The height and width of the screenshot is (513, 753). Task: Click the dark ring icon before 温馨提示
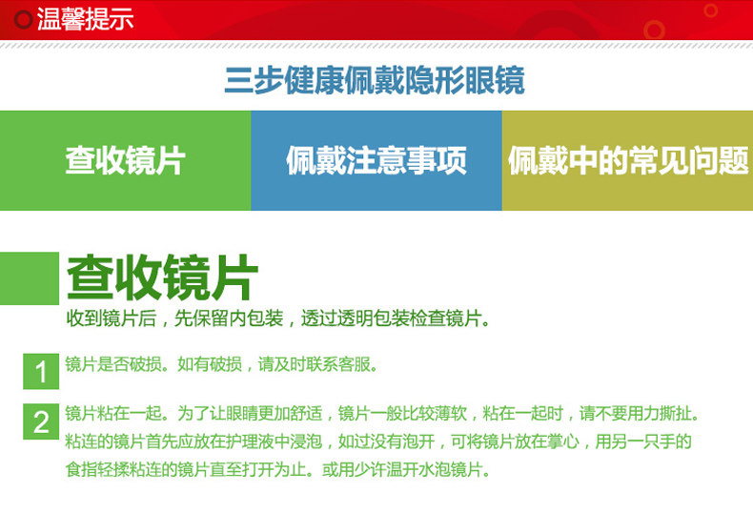coord(23,20)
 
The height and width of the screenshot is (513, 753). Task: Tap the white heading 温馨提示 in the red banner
coord(85,19)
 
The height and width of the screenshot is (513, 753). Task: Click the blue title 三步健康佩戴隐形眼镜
coord(375,80)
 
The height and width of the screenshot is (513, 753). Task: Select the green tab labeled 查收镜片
coord(125,160)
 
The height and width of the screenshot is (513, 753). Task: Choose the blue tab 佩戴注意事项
coord(376,160)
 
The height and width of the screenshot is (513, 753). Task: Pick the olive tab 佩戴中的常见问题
coord(628,160)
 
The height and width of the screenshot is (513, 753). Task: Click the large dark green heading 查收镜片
coord(162,277)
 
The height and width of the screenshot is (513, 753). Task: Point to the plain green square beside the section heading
coord(30,278)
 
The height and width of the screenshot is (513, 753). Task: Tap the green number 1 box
coord(41,371)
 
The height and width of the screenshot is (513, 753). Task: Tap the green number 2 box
coord(41,421)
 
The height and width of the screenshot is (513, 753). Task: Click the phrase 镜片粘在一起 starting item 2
coord(113,413)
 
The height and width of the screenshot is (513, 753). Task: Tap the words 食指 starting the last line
coord(81,469)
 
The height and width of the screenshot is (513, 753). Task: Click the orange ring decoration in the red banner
coord(654,31)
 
